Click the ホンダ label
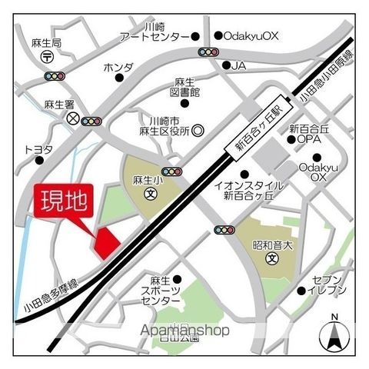(x=117, y=67)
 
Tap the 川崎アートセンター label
(x=154, y=31)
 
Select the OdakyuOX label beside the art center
(x=251, y=35)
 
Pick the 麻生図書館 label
(x=185, y=87)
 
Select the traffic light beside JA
(x=208, y=52)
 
